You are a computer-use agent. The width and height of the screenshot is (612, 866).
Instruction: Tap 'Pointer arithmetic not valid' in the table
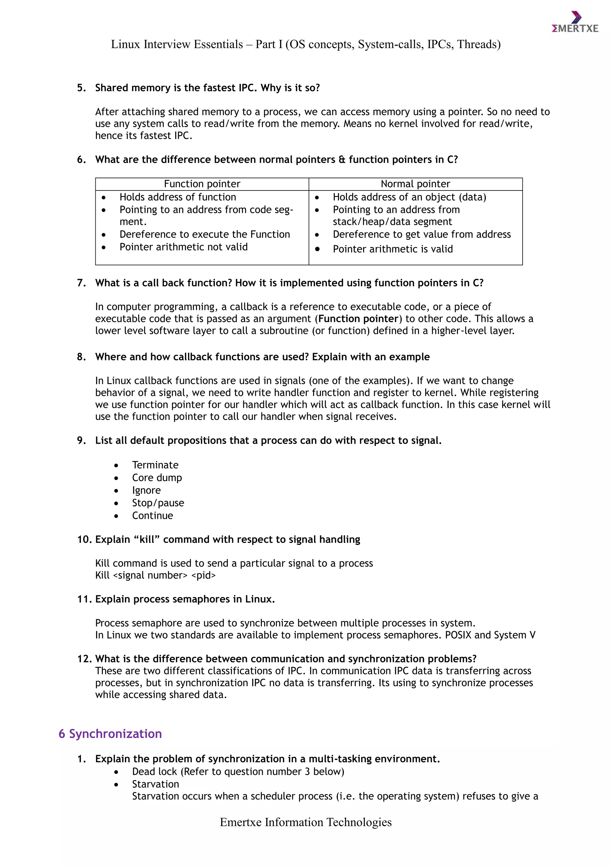(183, 247)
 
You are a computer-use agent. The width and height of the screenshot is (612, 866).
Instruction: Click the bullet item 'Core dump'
(157, 478)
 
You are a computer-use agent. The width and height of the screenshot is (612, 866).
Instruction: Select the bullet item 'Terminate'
(155, 465)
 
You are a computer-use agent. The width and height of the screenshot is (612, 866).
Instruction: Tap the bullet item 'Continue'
(152, 516)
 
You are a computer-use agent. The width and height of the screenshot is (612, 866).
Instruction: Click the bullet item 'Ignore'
(146, 490)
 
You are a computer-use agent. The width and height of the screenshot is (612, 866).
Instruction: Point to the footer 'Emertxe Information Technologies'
(306, 822)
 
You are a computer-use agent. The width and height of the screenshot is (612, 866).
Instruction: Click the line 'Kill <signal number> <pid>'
(155, 575)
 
